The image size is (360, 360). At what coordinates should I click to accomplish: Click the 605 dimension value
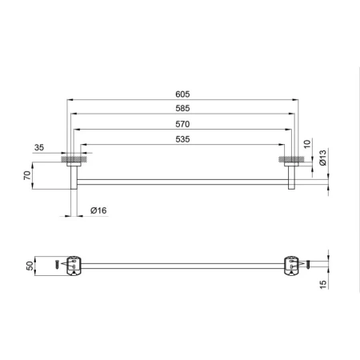(182, 94)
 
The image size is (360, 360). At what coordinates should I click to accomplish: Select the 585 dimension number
(182, 108)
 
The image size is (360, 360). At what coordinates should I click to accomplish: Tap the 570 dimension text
(182, 124)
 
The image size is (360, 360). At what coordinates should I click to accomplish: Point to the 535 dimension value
(182, 139)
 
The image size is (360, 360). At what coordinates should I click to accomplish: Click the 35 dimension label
(39, 147)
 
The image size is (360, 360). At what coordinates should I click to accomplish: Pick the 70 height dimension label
(27, 175)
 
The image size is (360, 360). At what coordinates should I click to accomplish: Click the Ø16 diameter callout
(98, 210)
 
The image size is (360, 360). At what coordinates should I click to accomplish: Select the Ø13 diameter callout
(322, 158)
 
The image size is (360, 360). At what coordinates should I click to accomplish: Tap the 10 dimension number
(307, 144)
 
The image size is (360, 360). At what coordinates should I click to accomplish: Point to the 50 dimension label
(30, 266)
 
